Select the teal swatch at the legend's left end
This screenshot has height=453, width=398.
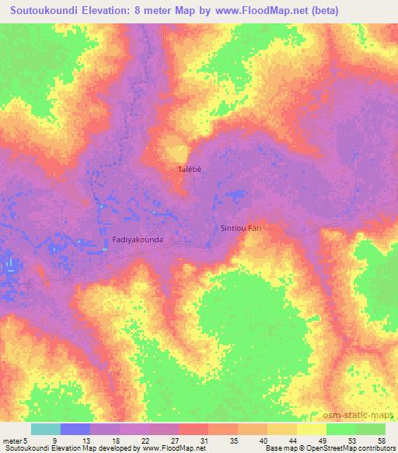pyautogui.click(x=45, y=429)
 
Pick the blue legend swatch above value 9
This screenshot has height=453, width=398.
pyautogui.click(x=75, y=429)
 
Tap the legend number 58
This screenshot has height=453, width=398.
pyautogui.click(x=380, y=441)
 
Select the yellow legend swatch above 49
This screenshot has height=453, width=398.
pyautogui.click(x=311, y=429)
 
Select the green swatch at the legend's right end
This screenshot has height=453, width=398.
pyautogui.click(x=370, y=429)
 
